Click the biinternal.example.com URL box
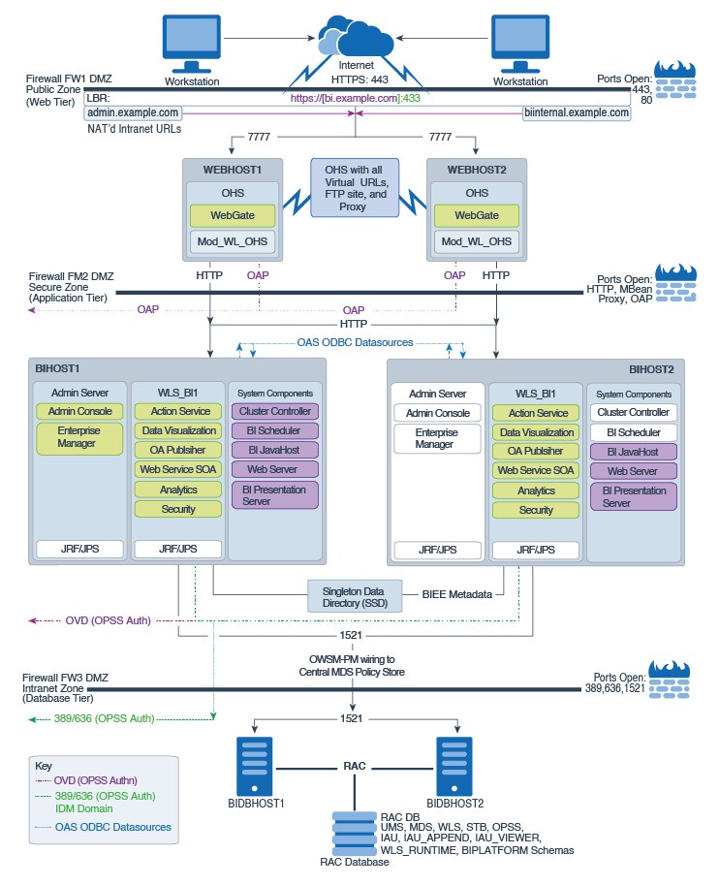click(577, 112)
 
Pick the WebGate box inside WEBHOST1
click(233, 215)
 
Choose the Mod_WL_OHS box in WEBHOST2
click(477, 241)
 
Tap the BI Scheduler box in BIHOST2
click(634, 432)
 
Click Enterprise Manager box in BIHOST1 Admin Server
click(77, 437)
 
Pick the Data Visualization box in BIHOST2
click(536, 432)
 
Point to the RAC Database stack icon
click(355, 833)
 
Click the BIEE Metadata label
click(458, 593)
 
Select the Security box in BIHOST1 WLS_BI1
click(178, 509)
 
